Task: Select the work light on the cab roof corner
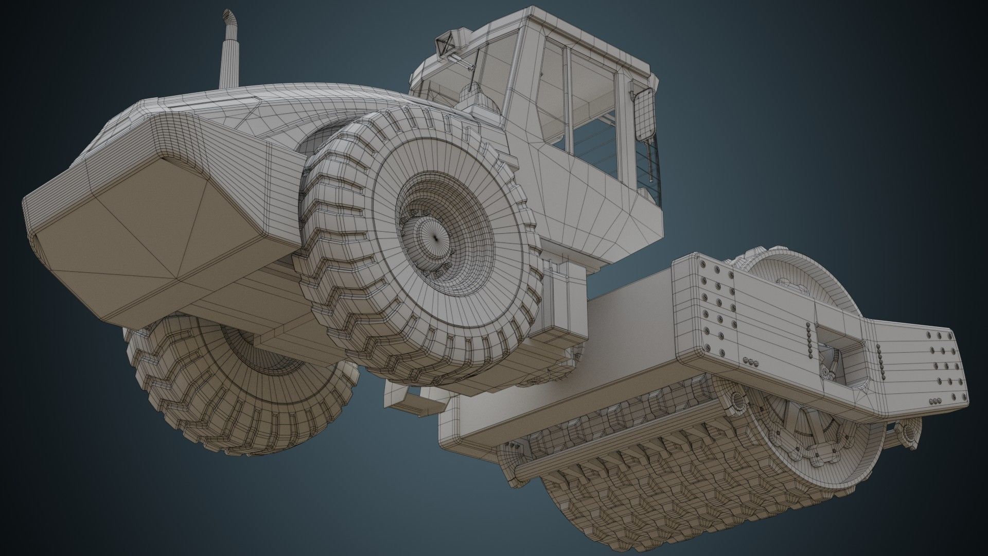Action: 444,44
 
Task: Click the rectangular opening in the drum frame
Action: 836,351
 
